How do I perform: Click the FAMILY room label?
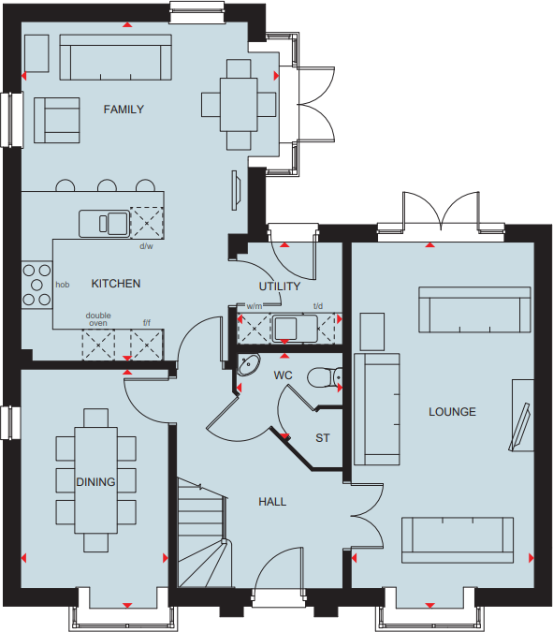[124, 110]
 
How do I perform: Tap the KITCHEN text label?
[116, 283]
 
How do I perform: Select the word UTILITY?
[280, 287]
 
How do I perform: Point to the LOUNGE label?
[452, 412]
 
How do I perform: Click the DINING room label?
[95, 482]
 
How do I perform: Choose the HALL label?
[272, 502]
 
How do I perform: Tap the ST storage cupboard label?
[323, 438]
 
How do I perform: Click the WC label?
[284, 375]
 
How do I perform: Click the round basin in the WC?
[248, 365]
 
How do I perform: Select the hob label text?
[63, 284]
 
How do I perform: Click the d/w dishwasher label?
[146, 246]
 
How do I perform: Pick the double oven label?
[98, 319]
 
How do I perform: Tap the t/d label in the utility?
[318, 306]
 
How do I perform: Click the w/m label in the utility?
[254, 306]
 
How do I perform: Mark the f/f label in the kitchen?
[146, 322]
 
